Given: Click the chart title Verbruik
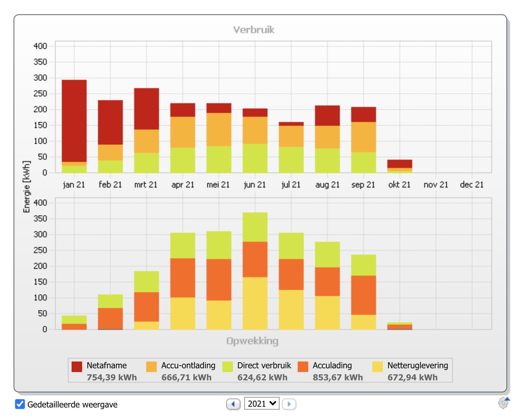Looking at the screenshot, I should (254, 30).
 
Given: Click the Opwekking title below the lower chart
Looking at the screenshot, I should (252, 341).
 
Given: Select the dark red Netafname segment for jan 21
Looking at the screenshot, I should (74, 121).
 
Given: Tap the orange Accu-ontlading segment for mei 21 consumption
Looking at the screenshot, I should (219, 129).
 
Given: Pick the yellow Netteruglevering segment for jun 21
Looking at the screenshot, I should (255, 303).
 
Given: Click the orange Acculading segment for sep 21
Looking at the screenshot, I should (364, 295).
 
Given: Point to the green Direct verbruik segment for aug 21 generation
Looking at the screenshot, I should (327, 255).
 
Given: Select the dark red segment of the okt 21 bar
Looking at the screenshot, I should (400, 164).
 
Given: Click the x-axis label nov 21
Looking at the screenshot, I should (436, 185).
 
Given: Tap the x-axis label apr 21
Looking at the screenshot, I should (183, 185).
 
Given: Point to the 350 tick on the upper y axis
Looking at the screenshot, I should (40, 62).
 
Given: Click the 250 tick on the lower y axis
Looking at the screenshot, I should (40, 250).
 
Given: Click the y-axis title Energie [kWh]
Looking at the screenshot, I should (26, 187).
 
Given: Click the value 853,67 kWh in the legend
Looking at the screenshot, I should (338, 377).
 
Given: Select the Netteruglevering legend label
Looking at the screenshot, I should (417, 365).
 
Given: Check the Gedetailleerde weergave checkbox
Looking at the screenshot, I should (20, 404).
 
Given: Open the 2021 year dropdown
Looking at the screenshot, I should (261, 404).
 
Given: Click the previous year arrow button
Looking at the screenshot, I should (233, 404).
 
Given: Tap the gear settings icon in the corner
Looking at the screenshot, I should (503, 403).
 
